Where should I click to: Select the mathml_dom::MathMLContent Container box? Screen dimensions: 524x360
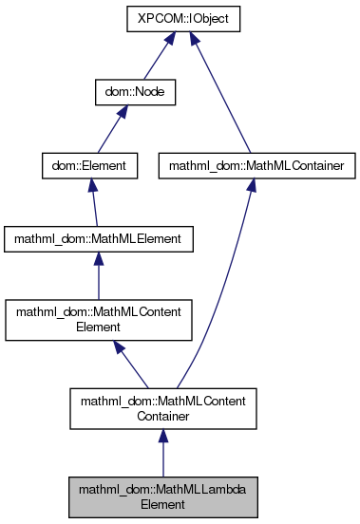tap(162, 408)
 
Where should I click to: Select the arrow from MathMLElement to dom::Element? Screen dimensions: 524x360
tap(94, 203)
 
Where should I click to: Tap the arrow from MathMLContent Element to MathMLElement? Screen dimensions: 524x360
tap(100, 277)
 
